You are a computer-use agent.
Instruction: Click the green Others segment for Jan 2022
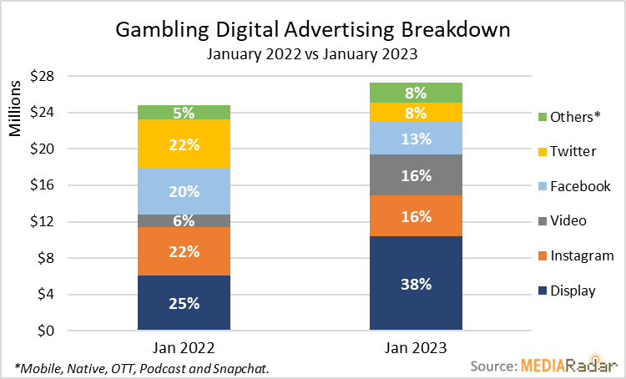184,112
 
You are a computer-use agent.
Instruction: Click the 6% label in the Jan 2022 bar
184,221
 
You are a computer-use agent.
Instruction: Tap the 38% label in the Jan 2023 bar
416,284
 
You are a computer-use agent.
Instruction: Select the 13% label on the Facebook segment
416,139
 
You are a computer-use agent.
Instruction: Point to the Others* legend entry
574,117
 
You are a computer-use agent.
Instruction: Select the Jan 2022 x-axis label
184,345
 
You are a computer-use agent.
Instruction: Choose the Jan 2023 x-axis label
416,345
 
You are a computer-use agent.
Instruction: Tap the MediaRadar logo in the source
568,365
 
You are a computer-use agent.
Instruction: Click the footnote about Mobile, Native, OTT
142,368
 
